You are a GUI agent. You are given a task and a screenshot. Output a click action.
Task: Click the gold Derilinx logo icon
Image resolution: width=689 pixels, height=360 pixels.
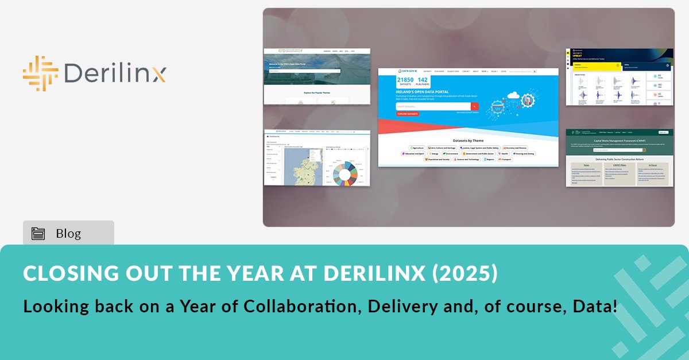(x=40, y=74)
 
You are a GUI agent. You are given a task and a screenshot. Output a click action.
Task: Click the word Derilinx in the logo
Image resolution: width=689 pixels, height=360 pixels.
(x=115, y=73)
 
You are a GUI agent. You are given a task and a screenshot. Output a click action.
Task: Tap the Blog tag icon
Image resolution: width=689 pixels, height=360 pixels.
(x=38, y=234)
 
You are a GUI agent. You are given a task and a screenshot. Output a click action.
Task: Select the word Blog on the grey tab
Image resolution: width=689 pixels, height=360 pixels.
(x=68, y=234)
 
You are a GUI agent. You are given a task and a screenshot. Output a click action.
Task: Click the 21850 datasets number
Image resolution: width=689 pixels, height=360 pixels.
(x=405, y=80)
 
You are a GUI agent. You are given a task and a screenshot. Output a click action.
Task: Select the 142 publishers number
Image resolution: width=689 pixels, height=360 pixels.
(x=423, y=80)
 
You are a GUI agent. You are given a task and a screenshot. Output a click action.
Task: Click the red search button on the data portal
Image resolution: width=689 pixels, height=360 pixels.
(x=474, y=106)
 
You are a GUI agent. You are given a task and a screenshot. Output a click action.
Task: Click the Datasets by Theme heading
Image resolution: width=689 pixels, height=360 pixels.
(x=468, y=140)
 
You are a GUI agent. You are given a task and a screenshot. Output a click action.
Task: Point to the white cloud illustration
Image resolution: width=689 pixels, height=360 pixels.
(x=512, y=95)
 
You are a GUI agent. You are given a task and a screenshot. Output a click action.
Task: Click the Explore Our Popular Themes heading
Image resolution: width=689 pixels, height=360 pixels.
(x=316, y=92)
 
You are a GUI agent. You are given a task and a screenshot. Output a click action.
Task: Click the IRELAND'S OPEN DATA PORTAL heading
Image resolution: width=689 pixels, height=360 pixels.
(x=422, y=91)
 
